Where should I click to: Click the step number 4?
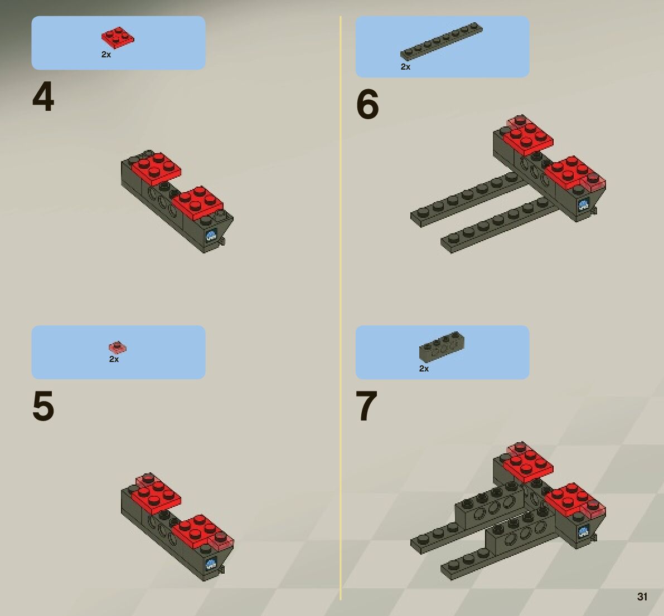point(43,97)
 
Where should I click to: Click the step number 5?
point(43,405)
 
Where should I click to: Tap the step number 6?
point(367,105)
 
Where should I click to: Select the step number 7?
point(367,405)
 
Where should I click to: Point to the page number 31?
point(642,597)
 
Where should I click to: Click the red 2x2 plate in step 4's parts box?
point(118,38)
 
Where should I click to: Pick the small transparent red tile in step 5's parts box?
point(117,348)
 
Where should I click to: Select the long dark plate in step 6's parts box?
point(441,41)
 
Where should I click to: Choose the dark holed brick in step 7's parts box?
point(442,346)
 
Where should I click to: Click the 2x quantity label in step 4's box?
point(106,55)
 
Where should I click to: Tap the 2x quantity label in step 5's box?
point(114,359)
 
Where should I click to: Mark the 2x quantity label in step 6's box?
point(406,67)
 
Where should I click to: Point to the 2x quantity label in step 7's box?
point(424,369)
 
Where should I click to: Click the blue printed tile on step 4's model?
point(211,236)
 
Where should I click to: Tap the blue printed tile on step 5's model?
point(211,564)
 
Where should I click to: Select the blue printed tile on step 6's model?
point(583,205)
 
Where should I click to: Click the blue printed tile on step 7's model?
point(583,531)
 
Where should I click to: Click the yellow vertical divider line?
point(341,308)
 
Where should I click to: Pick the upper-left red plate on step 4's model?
point(156,169)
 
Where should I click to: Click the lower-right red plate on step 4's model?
point(197,203)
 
